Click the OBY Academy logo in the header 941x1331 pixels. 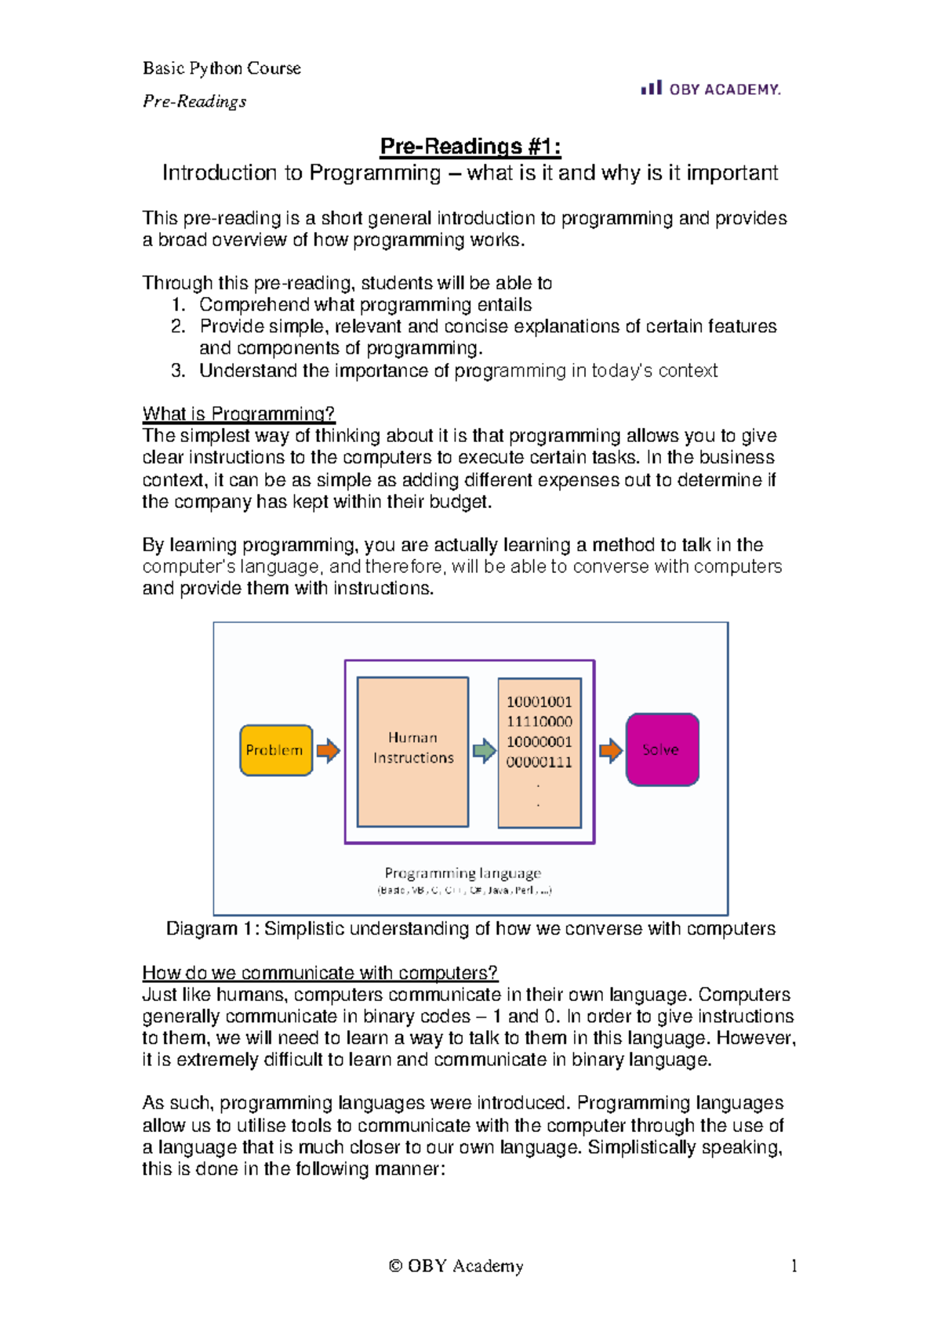(710, 89)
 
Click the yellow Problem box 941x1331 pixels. (276, 750)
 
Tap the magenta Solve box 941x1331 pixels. (662, 749)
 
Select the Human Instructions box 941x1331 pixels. (412, 751)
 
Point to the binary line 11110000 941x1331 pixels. (540, 721)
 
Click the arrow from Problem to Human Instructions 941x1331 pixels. (328, 750)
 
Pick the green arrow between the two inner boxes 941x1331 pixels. (484, 750)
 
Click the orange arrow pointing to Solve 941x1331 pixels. (610, 750)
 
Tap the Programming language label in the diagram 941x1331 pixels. (463, 872)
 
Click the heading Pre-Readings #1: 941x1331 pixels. (470, 146)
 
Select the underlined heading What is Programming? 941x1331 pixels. (238, 413)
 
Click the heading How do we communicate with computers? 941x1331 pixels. (320, 973)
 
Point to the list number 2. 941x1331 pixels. (178, 326)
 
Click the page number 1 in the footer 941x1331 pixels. (794, 1265)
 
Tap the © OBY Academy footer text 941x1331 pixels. (456, 1265)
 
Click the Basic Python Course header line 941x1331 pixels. (222, 68)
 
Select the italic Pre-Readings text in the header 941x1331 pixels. (194, 101)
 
